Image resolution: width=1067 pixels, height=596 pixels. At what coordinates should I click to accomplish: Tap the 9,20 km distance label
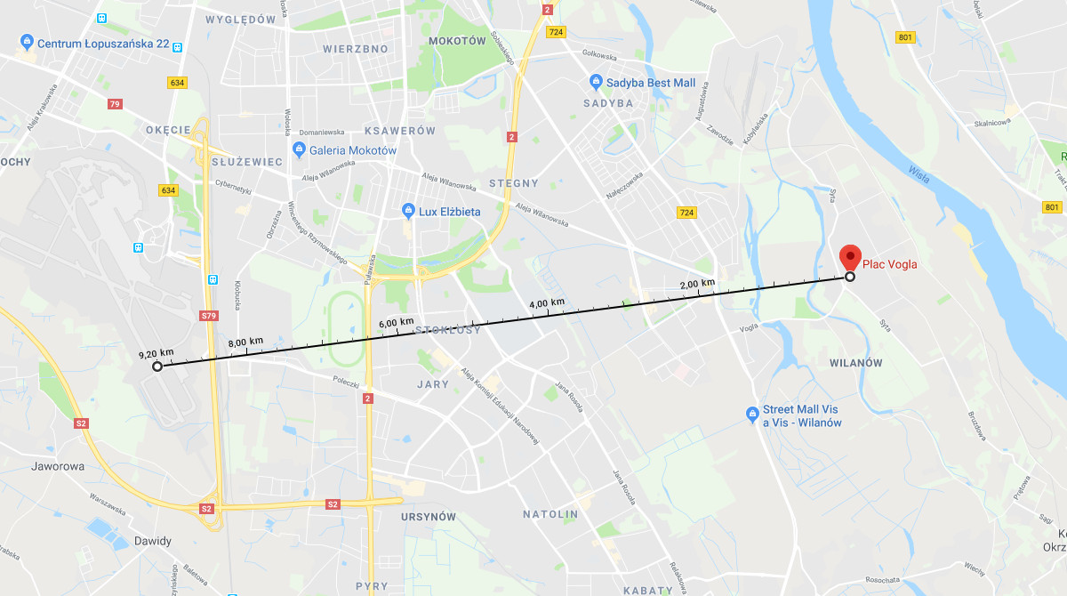(156, 353)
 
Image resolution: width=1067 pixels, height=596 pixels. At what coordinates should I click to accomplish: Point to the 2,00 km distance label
(697, 284)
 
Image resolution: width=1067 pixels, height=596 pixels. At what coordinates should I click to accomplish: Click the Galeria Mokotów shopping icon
(299, 150)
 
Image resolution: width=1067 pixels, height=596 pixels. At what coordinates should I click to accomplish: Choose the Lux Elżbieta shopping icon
(409, 212)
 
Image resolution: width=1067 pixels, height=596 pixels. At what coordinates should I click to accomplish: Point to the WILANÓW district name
(855, 363)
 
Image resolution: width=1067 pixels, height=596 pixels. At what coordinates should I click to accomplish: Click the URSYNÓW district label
(428, 517)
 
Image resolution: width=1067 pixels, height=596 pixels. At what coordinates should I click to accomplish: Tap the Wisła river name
(919, 174)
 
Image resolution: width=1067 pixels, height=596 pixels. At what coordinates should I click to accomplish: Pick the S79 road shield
(209, 316)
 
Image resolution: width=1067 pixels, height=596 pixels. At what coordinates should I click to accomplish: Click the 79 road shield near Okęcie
(114, 104)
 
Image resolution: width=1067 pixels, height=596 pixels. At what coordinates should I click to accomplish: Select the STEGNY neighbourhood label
(514, 183)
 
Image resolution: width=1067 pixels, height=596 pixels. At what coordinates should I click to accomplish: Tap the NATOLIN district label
(550, 514)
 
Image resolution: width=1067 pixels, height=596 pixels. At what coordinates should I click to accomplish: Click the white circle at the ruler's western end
(157, 366)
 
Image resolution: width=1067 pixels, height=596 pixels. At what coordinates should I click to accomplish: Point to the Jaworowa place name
(58, 465)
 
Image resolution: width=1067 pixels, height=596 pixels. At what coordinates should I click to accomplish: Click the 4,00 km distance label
(547, 303)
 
